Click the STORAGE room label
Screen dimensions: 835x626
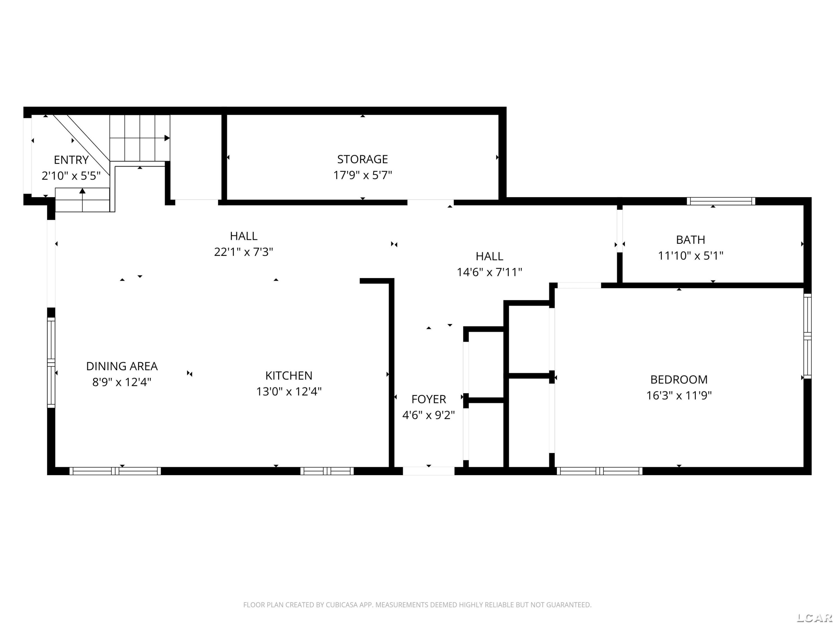click(x=362, y=159)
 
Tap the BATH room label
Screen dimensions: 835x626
click(x=691, y=240)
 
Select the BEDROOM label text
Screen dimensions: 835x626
click(x=679, y=379)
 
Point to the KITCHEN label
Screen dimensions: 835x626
click(x=289, y=375)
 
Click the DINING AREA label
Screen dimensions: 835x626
click(x=122, y=366)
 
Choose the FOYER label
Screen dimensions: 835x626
click(x=428, y=399)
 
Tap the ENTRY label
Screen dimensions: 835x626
click(x=71, y=160)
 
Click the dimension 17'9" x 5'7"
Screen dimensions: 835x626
click(x=362, y=175)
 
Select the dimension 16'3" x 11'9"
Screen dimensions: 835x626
click(x=679, y=395)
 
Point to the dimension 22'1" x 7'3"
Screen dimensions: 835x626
click(x=244, y=252)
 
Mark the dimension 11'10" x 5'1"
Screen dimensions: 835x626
click(x=691, y=255)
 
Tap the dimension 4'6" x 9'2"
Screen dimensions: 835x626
click(x=428, y=415)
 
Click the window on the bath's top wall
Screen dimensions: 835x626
click(x=721, y=201)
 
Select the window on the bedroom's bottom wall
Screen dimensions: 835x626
click(x=600, y=471)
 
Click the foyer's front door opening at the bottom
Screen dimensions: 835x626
click(x=428, y=471)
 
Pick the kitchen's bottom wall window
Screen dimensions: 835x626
click(x=327, y=471)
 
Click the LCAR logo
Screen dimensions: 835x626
click(x=814, y=617)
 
